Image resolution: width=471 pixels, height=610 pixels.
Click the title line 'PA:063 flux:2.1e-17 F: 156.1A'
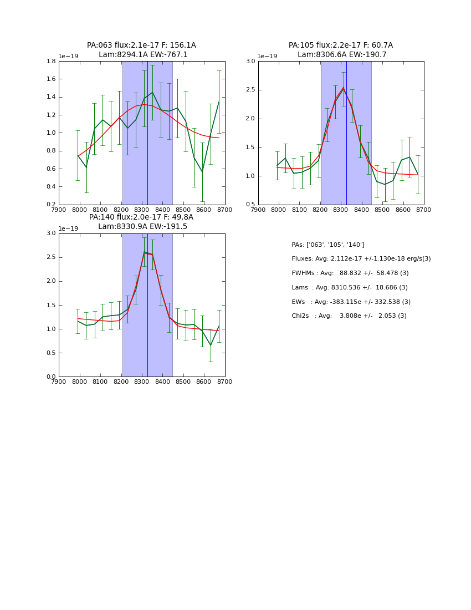(141, 45)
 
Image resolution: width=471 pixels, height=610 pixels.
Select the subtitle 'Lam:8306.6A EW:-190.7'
(341, 55)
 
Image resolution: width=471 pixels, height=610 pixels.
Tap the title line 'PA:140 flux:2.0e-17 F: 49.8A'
(141, 217)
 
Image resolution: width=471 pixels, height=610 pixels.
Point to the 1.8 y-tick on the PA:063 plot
(50, 62)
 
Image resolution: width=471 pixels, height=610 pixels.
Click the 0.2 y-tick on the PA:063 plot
(50, 205)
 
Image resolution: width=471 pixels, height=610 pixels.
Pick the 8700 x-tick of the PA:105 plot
(423, 210)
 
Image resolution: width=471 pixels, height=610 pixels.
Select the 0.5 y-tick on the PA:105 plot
(250, 205)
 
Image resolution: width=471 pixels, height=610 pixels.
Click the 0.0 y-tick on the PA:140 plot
(50, 377)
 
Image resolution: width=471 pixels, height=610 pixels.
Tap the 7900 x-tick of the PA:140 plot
(59, 382)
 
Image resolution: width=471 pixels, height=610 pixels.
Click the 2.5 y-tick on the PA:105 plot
(250, 90)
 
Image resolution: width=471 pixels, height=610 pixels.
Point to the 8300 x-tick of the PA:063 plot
(142, 210)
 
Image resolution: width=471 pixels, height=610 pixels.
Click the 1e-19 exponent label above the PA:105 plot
(267, 57)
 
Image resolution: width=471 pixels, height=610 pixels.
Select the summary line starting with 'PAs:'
(327, 245)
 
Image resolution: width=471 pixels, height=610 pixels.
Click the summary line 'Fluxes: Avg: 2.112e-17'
(361, 259)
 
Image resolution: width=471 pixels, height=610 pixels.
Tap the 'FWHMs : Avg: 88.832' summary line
(350, 273)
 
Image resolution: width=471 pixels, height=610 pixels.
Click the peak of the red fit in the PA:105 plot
(343, 88)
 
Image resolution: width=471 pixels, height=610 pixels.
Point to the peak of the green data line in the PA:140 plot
(144, 252)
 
